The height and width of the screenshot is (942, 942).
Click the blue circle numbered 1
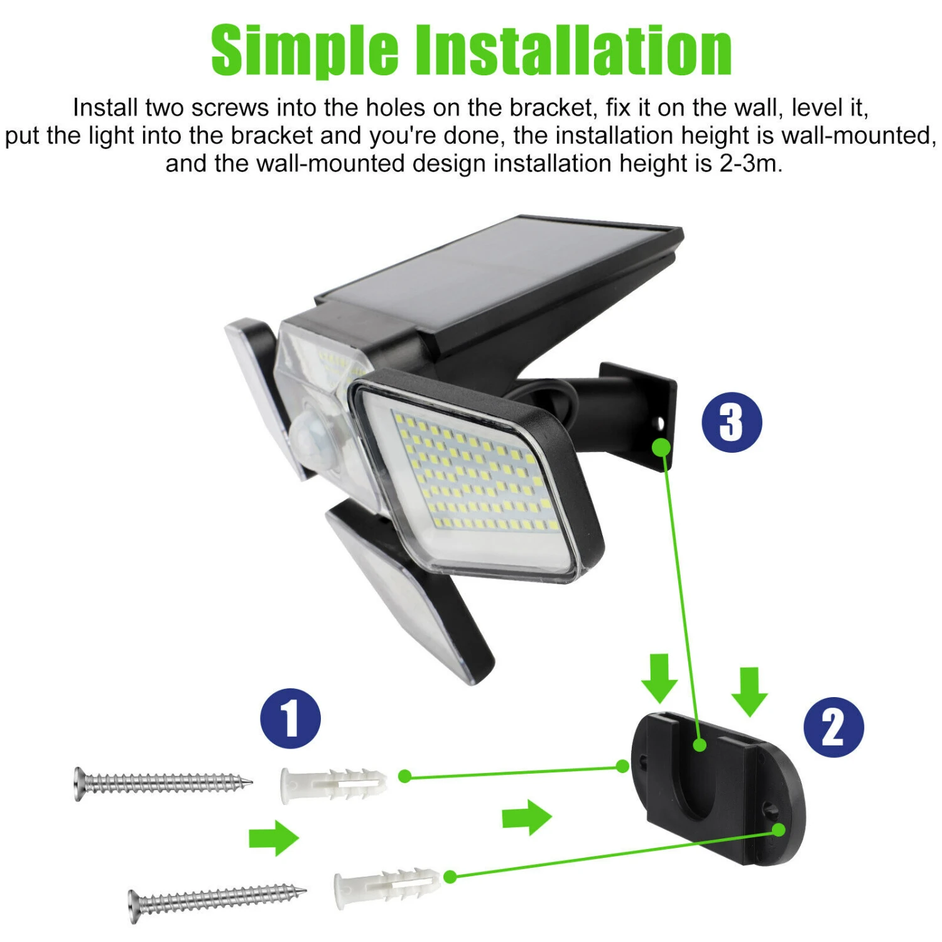(x=290, y=718)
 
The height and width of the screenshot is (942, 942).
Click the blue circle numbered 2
(x=833, y=727)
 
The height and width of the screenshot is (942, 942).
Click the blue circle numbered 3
(x=732, y=422)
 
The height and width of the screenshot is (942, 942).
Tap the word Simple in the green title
(x=305, y=50)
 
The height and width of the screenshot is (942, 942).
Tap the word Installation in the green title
(x=574, y=50)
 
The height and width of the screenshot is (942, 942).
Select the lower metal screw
(x=216, y=899)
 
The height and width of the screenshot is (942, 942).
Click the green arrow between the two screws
(x=274, y=838)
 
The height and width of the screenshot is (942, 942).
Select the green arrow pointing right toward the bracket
(x=527, y=817)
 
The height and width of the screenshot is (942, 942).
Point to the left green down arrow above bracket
(x=659, y=678)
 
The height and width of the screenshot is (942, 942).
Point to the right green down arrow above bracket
(x=749, y=691)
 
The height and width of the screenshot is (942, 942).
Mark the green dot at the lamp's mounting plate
(x=661, y=447)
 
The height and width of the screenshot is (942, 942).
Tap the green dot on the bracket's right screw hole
(x=779, y=830)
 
